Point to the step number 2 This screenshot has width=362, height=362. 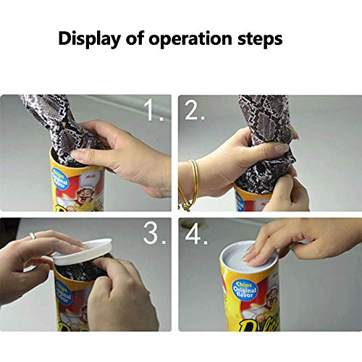pyautogui.click(x=193, y=111)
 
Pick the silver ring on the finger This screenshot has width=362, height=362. pyautogui.click(x=33, y=235)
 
